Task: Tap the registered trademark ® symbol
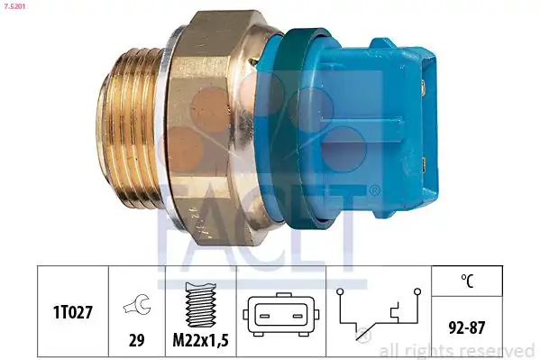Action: pos(373,189)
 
